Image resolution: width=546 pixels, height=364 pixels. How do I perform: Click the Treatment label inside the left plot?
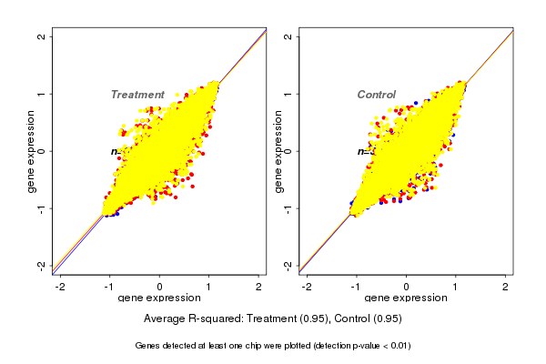pos(137,95)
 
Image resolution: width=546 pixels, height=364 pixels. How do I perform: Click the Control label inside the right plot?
pos(377,95)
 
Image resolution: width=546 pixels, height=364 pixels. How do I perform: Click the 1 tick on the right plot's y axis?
pos(288,94)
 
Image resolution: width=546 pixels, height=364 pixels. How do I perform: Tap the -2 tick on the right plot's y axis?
pos(288,265)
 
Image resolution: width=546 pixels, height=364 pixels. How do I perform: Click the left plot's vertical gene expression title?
pos(32,151)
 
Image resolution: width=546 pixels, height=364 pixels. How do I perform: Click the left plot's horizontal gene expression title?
pos(159,298)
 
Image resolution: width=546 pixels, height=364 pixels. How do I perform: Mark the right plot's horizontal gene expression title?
pos(406,298)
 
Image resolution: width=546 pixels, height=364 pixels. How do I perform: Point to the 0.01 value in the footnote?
pos(399,346)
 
